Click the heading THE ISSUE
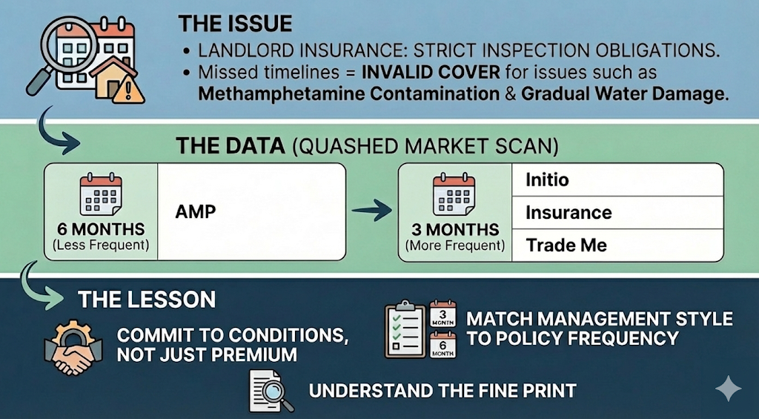(x=235, y=23)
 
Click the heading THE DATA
(x=230, y=145)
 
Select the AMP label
(x=196, y=211)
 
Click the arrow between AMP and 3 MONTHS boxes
(x=371, y=212)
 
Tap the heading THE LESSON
(x=147, y=299)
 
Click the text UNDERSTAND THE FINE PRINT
(x=442, y=390)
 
